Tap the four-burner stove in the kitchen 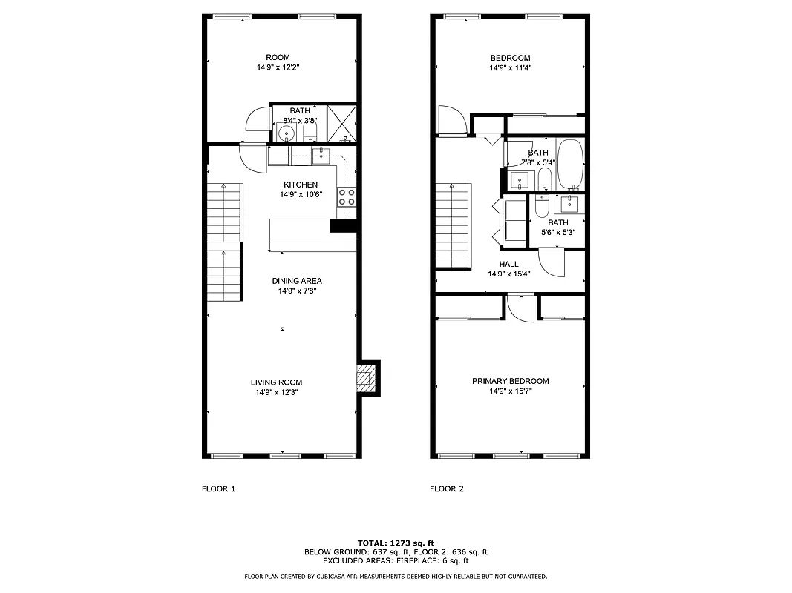pos(347,196)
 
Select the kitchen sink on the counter pos(321,154)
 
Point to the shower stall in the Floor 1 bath pos(342,124)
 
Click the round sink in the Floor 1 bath pos(287,133)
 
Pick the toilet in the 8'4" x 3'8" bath pos(310,134)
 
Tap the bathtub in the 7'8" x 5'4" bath pos(570,164)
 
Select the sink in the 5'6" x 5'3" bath pos(572,203)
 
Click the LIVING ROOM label pos(276,382)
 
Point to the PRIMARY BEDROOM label pos(511,382)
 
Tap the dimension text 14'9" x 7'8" pos(297,291)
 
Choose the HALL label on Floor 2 pos(508,264)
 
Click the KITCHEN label pos(301,185)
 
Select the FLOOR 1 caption pos(218,489)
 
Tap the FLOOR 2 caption pos(447,489)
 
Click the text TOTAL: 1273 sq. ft pos(396,543)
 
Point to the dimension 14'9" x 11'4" pos(510,68)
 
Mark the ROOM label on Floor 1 pos(278,58)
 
